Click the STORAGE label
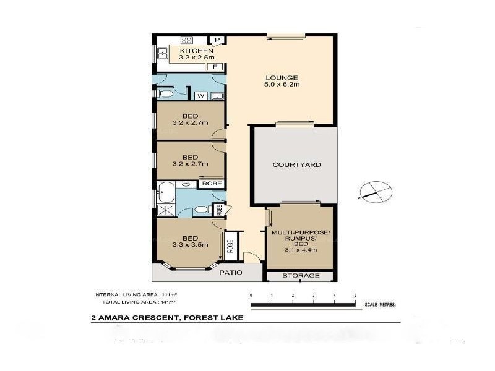301,275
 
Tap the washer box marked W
200,96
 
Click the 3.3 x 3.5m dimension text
190,245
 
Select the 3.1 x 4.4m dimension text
301,250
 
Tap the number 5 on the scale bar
355,296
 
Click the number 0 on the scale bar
251,296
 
